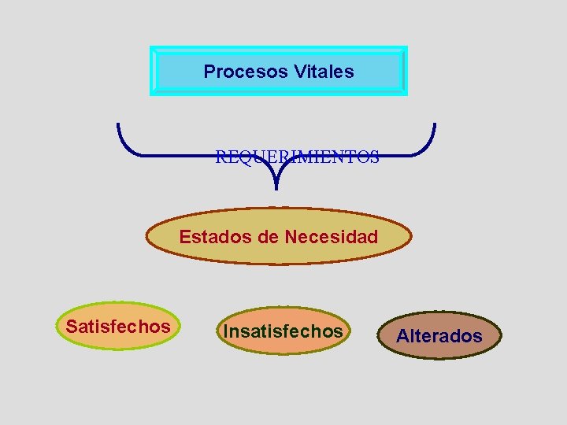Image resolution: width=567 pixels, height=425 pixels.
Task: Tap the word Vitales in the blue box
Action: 324,72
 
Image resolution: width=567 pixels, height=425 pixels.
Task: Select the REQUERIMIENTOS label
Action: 297,157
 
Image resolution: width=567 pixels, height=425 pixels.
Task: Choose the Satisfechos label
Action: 118,326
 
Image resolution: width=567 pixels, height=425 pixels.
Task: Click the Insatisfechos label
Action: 283,331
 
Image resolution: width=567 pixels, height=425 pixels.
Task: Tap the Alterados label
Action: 439,336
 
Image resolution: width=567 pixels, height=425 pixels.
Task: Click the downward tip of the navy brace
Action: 276,187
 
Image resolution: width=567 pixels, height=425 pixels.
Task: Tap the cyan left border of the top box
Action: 153,71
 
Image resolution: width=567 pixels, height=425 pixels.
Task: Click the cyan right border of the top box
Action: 405,71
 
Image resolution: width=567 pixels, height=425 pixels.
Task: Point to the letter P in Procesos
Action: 209,72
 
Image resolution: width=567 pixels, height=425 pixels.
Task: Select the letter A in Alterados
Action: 402,336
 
